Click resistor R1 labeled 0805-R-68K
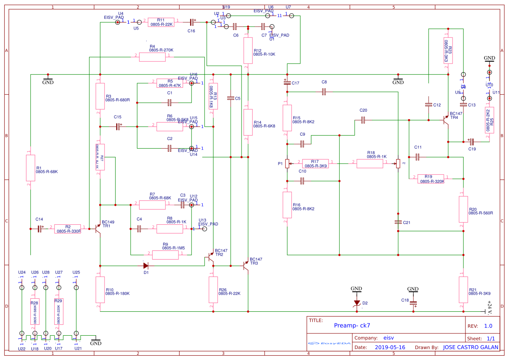(x=30, y=168)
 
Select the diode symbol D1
(x=146, y=265)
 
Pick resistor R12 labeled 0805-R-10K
(x=248, y=50)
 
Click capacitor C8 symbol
(x=324, y=92)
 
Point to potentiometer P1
(x=287, y=164)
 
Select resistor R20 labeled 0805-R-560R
(x=463, y=209)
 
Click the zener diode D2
(x=357, y=303)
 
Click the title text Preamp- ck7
(x=352, y=325)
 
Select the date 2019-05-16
(x=390, y=347)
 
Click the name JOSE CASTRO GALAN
(x=471, y=347)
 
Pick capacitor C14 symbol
(x=40, y=228)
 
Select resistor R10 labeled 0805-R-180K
(x=100, y=290)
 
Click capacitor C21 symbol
(x=398, y=222)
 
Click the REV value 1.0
(x=488, y=326)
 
